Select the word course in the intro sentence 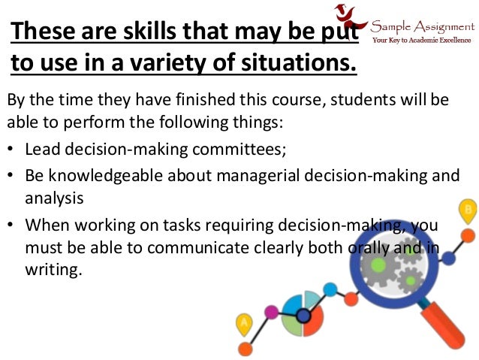click(289, 101)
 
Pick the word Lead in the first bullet click(42, 150)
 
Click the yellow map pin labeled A click(244, 325)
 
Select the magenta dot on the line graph click(271, 311)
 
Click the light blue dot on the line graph click(329, 289)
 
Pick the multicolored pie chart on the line click(302, 313)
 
